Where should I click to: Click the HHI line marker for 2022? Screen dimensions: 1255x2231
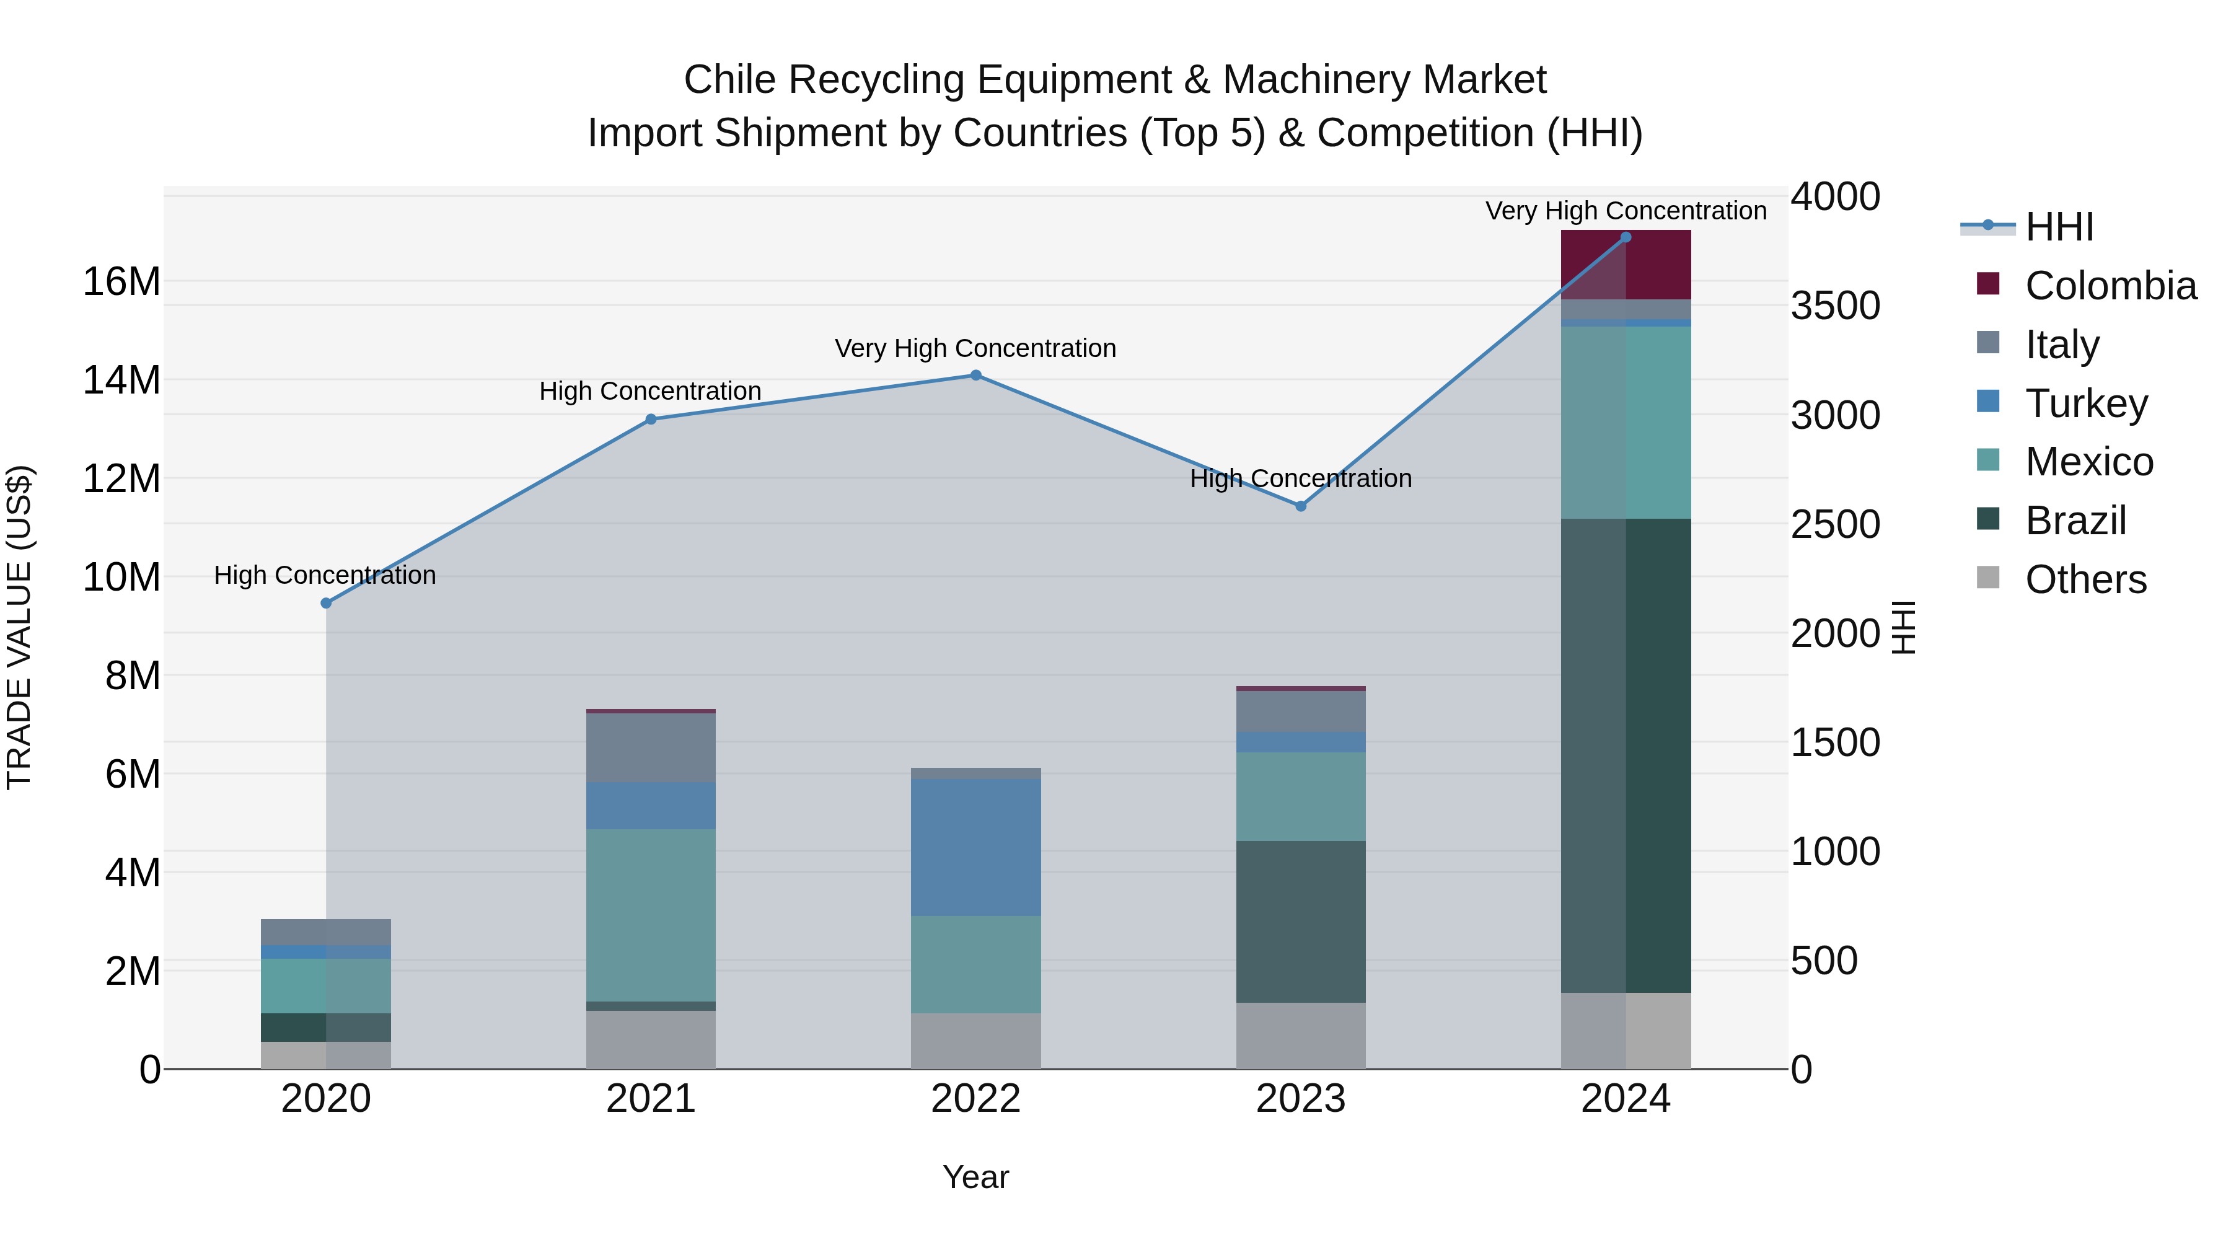click(x=975, y=375)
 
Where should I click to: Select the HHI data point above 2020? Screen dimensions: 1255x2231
click(x=325, y=603)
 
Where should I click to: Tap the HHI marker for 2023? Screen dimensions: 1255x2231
click(x=1300, y=506)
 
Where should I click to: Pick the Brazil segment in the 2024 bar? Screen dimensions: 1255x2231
click(x=1626, y=755)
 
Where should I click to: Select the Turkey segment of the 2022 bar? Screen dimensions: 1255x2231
click(x=975, y=847)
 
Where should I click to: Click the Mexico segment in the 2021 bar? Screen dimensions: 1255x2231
click(x=651, y=915)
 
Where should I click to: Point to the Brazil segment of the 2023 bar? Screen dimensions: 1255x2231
click(x=1300, y=922)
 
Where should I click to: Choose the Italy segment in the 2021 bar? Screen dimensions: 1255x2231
click(x=651, y=747)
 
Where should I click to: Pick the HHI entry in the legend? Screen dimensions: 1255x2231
click(x=2059, y=227)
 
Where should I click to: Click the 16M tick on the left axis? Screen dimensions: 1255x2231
click(x=121, y=281)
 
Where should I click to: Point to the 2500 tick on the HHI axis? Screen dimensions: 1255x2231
click(x=1834, y=524)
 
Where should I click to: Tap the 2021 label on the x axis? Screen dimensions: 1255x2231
click(x=651, y=1099)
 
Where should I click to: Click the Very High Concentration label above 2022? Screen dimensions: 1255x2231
click(x=975, y=348)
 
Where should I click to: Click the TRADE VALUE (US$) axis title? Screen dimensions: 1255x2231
click(x=19, y=627)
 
